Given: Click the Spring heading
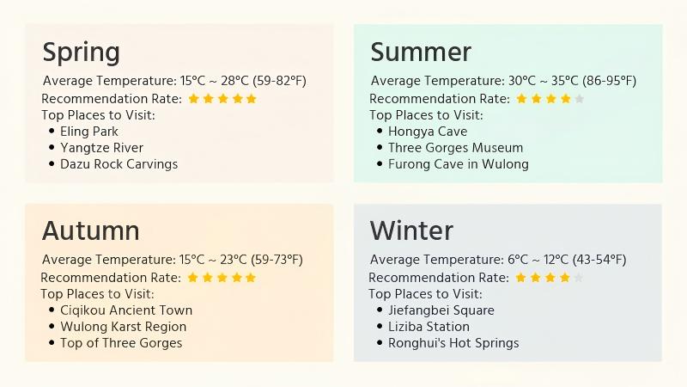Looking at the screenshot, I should [82, 52].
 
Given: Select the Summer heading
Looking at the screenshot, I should [421, 52].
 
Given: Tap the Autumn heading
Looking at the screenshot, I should [90, 230].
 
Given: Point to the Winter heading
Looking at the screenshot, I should [411, 230].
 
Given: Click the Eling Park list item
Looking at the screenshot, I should [89, 132].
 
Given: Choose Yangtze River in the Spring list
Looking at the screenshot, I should [101, 148].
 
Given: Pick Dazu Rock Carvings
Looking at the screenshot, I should [119, 164].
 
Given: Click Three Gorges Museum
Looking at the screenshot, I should [455, 148].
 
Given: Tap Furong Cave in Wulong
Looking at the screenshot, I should [458, 164].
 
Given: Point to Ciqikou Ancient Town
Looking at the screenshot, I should [126, 310].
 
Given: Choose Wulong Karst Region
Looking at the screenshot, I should [123, 327].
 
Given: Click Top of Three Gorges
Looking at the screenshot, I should [121, 343].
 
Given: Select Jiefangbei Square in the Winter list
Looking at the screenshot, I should [441, 310].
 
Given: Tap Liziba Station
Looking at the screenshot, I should [429, 327].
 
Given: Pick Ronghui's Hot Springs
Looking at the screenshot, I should [453, 343].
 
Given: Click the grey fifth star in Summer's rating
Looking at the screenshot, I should [580, 99].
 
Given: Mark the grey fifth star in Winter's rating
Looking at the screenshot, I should [579, 278].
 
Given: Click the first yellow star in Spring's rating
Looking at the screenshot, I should [193, 99].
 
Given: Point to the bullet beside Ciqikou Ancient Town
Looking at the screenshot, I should [52, 310].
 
